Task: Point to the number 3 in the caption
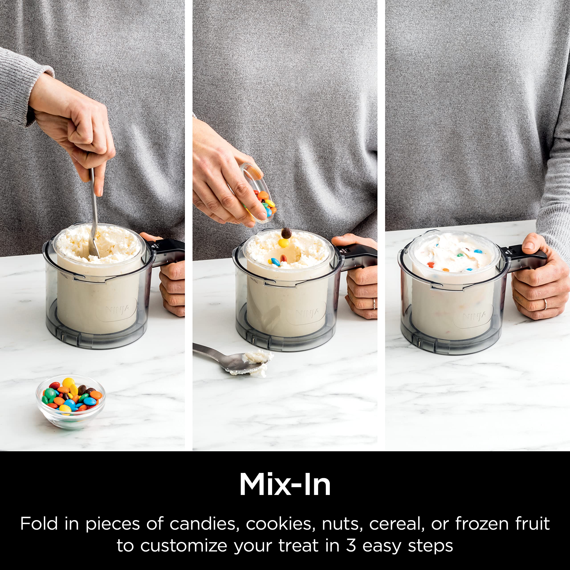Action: [351, 546]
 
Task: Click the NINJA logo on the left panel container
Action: [117, 309]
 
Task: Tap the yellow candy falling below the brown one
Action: [284, 243]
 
